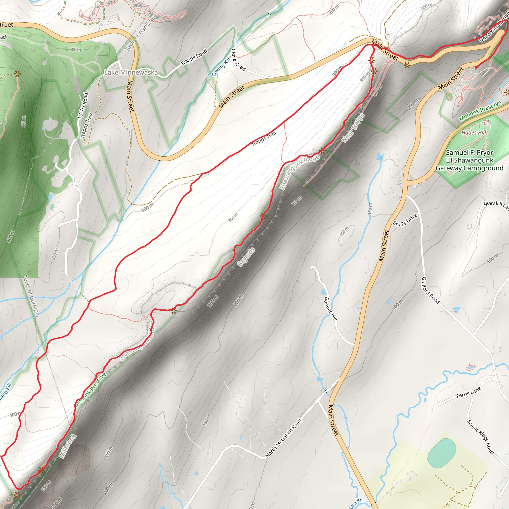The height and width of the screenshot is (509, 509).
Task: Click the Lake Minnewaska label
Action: click(131, 73)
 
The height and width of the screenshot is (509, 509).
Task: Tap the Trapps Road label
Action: click(194, 57)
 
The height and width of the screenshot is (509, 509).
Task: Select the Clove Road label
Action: click(238, 60)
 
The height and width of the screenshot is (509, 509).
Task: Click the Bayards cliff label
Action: click(246, 257)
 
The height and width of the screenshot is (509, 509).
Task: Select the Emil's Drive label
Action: click(405, 220)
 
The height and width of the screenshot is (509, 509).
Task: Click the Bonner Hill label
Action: click(330, 309)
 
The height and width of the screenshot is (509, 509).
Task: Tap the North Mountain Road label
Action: click(283, 438)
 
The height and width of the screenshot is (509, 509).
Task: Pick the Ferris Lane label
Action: click(469, 392)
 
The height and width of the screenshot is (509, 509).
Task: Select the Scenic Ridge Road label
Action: click(480, 436)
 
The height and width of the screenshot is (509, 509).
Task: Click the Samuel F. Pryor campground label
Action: click(469, 160)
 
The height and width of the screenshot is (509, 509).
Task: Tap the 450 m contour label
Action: click(24, 121)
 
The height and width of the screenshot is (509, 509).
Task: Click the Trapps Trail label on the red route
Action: click(263, 139)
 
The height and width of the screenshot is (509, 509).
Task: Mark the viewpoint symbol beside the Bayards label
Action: click(263, 216)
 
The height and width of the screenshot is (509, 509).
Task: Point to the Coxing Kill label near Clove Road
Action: click(221, 67)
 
